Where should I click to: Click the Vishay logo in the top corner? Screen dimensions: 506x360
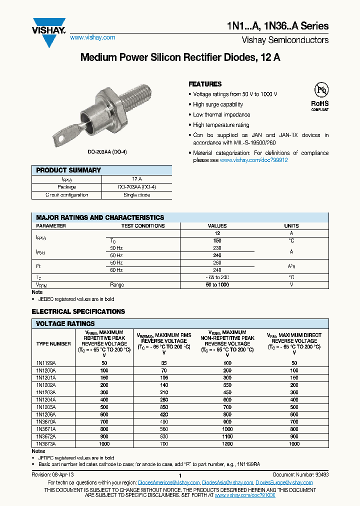(49, 31)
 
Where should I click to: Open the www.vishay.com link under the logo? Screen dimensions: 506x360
(92, 37)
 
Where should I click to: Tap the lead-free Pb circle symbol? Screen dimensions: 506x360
(320, 90)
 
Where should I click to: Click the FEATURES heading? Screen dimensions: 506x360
(205, 84)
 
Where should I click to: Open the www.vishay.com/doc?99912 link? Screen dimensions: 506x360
(253, 160)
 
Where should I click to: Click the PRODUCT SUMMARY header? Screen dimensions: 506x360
(68, 170)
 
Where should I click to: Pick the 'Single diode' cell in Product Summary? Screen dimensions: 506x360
(137, 195)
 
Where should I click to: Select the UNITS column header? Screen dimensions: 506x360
(291, 226)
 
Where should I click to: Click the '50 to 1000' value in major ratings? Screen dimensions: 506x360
(217, 284)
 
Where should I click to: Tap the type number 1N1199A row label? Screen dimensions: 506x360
(46, 363)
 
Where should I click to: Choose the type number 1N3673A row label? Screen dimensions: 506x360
(46, 443)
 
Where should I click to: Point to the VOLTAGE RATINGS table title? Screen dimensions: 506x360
(65, 323)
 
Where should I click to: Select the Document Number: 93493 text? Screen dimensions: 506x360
(300, 474)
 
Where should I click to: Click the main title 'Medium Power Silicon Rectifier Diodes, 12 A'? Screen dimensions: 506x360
(180, 57)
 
